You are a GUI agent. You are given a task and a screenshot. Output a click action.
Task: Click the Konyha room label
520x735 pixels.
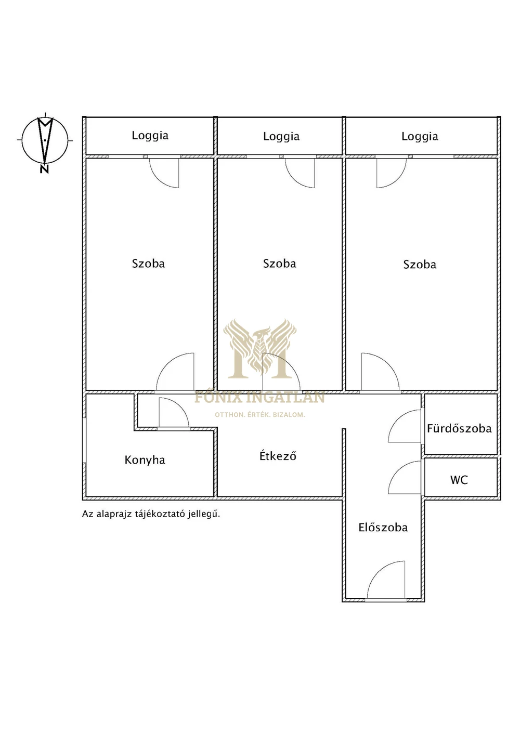click(x=145, y=460)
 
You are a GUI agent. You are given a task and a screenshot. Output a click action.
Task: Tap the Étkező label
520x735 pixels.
click(x=278, y=455)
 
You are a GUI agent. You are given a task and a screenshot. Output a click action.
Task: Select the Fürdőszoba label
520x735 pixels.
click(x=459, y=428)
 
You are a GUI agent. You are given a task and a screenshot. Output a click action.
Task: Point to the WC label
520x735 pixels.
click(x=459, y=480)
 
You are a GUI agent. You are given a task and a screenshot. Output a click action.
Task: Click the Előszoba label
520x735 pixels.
click(x=383, y=527)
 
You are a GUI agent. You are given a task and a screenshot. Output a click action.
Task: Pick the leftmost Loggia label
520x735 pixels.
click(x=150, y=136)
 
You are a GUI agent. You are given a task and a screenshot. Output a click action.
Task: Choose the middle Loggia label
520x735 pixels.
click(x=281, y=137)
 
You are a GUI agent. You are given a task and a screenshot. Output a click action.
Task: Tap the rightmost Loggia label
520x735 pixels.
click(x=420, y=137)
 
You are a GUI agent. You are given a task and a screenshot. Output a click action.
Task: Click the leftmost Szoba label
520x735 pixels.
click(x=148, y=264)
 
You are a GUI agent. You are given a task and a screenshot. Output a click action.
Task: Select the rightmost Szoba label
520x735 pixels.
click(x=420, y=265)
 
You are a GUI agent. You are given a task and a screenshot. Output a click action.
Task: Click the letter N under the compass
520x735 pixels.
click(x=44, y=169)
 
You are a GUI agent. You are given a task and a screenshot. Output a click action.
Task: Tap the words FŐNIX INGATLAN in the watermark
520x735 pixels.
click(x=259, y=397)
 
